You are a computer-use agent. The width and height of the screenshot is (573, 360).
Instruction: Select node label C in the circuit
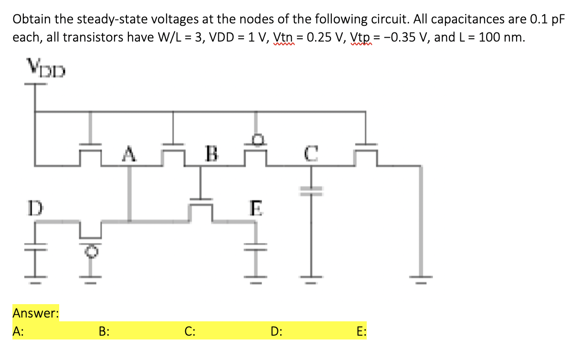click(x=310, y=155)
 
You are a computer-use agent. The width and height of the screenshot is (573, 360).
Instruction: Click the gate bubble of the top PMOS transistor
click(x=257, y=138)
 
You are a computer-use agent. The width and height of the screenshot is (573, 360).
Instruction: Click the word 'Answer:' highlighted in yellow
click(x=35, y=313)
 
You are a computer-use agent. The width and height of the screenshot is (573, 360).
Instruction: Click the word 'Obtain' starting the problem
click(x=30, y=20)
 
